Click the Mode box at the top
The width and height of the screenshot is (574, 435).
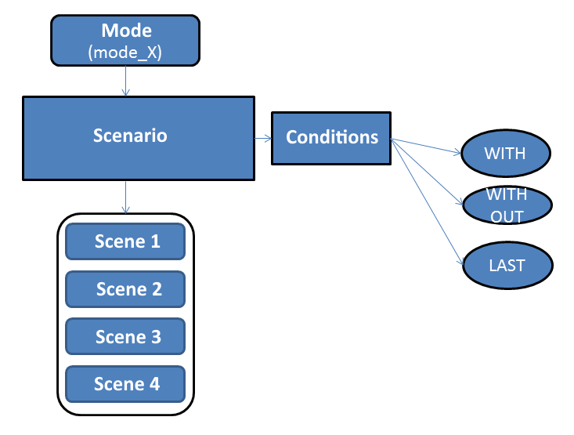tap(125, 40)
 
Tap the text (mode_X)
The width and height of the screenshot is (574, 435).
tap(125, 53)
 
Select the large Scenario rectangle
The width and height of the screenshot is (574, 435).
tap(139, 138)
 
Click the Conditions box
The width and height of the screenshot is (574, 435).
tap(331, 138)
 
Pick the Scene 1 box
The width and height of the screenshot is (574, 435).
tap(125, 241)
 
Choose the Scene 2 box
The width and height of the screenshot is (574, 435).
tap(125, 289)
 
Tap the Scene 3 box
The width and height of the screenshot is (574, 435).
tap(125, 336)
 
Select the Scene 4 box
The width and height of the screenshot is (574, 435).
tap(125, 384)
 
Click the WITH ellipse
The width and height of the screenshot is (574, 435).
tap(506, 153)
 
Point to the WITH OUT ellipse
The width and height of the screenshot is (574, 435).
tap(507, 205)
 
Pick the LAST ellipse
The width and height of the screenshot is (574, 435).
tap(507, 266)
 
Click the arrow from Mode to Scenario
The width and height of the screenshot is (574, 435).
tap(125, 81)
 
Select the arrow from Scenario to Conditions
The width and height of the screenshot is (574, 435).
tap(263, 138)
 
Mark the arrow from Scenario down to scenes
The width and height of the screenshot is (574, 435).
tap(125, 198)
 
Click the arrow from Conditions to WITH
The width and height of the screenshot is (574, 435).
tap(426, 146)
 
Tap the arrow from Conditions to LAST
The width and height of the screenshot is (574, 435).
tap(428, 201)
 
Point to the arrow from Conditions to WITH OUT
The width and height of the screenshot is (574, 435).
tap(427, 172)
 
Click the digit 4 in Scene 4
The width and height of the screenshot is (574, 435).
tap(154, 384)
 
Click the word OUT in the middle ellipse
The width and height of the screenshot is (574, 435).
tap(507, 217)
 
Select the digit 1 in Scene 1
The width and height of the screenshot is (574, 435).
tap(156, 241)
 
